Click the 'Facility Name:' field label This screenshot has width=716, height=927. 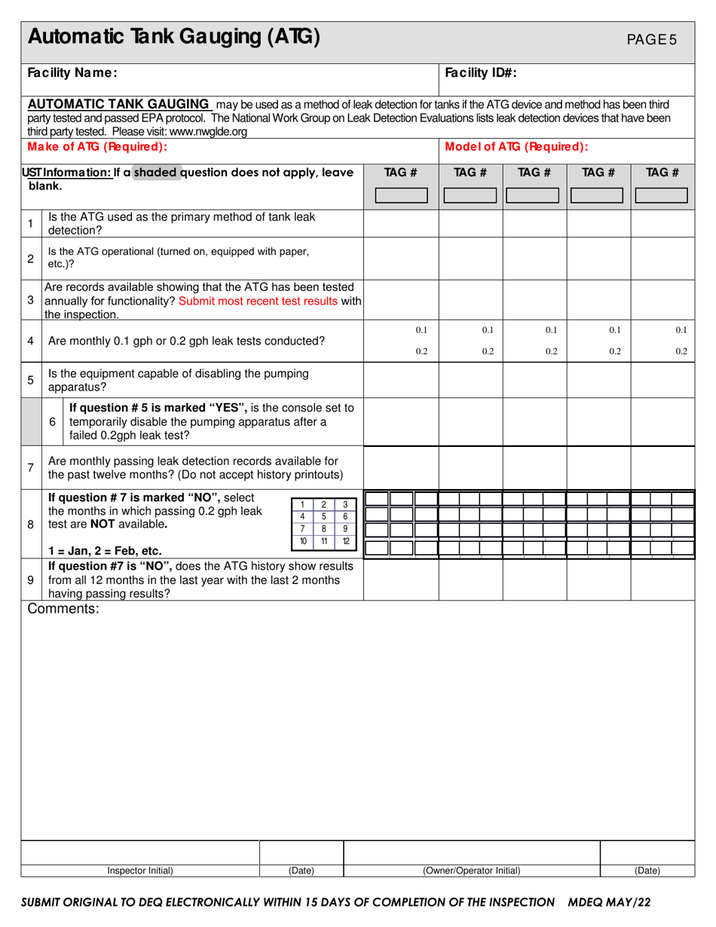point(72,73)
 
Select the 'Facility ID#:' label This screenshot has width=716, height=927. point(481,73)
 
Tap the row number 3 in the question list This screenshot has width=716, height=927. point(30,300)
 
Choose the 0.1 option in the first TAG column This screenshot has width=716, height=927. point(421,330)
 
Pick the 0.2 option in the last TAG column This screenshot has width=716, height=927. point(681,351)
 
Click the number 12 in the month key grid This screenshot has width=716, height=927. point(345,541)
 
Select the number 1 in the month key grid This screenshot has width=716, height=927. point(302,504)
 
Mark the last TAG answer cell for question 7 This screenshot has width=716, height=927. point(662,467)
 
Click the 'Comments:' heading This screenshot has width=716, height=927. point(63,610)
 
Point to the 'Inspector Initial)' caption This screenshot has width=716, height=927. point(140,870)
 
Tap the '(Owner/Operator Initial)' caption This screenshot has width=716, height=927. point(472,870)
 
